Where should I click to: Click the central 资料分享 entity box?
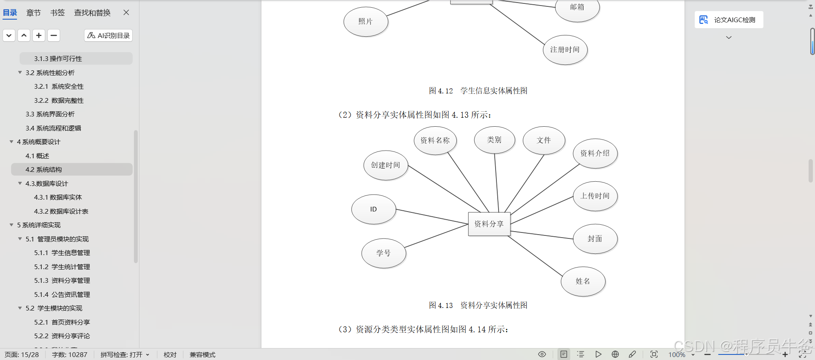coord(489,224)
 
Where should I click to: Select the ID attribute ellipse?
coord(374,209)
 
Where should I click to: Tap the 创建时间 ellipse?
coord(386,165)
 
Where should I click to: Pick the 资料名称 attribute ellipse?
coord(435,140)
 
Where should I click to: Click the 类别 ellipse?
coord(494,140)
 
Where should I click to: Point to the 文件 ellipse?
coord(544,140)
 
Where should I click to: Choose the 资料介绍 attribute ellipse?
coord(595,153)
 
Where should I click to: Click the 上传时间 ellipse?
coord(595,196)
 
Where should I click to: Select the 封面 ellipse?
coord(595,239)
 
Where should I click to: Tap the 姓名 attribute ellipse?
coord(583,282)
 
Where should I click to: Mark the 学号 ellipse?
coord(383,253)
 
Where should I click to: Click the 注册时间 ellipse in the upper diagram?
coord(565,50)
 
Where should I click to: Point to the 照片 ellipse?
coord(365,22)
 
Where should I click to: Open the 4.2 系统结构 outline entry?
coord(44,170)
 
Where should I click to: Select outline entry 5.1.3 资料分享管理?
coord(62,281)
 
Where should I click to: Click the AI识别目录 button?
coord(108,35)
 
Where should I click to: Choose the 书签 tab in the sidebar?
coord(58,13)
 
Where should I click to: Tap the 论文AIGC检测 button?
coord(729,20)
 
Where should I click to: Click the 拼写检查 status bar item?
coord(125,355)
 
